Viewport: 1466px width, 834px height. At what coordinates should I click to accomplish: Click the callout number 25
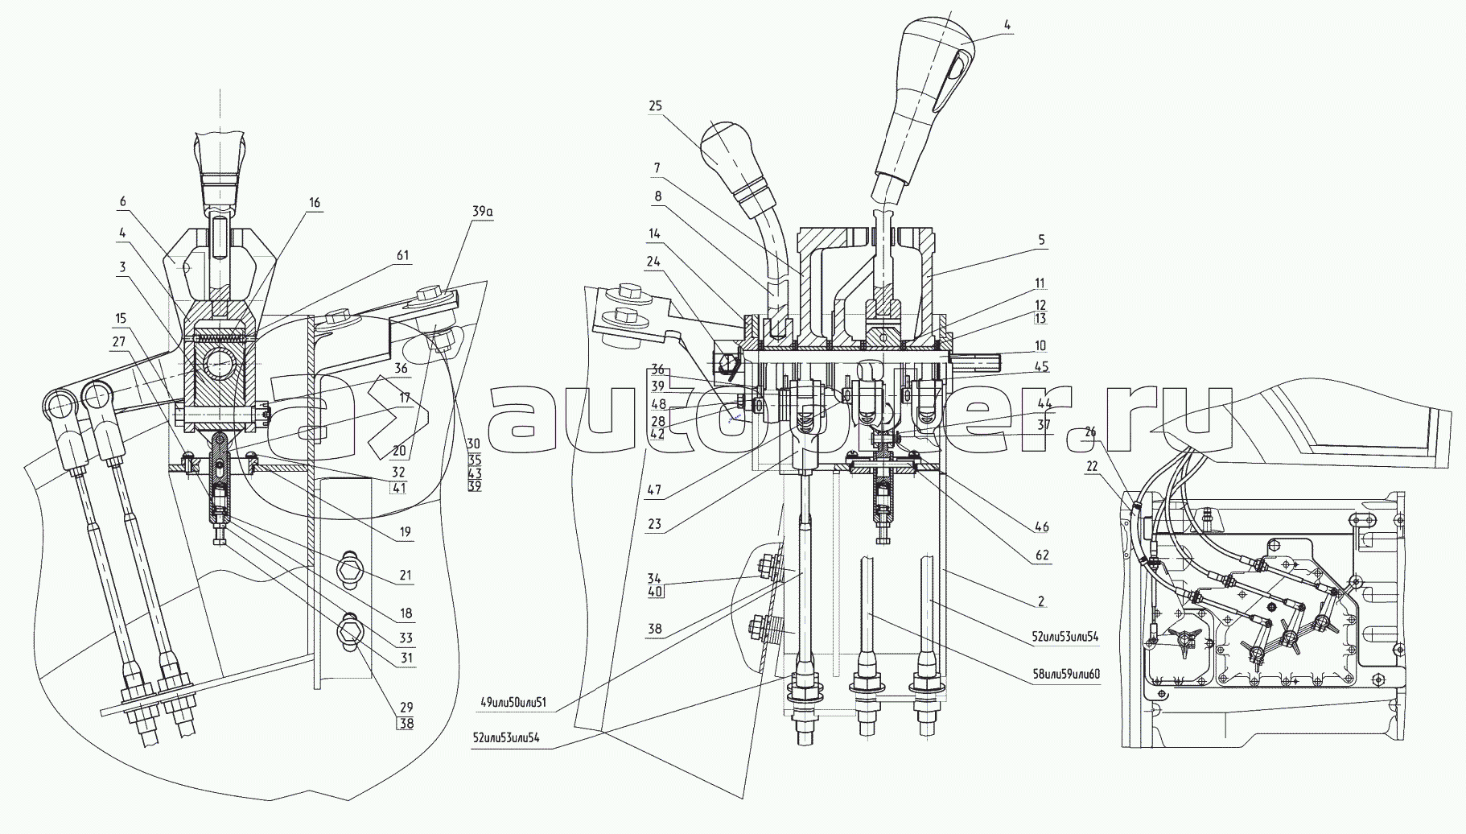coord(654,105)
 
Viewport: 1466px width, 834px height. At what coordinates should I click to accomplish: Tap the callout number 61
coord(402,256)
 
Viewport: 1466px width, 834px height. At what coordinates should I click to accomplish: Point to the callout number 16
coord(315,203)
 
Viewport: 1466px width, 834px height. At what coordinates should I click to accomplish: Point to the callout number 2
coord(1040,601)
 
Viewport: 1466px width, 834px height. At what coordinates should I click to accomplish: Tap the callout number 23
coord(653,524)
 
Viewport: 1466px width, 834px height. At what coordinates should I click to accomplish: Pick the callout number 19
coord(405,531)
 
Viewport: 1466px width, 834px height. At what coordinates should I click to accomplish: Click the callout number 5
coord(1040,239)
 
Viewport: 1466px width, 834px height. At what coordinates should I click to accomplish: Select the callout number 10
coord(1040,345)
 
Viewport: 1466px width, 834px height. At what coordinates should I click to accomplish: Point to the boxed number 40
coord(654,591)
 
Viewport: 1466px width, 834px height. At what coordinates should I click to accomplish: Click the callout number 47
coord(653,488)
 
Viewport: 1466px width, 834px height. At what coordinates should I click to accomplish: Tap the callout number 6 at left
coord(121,201)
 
